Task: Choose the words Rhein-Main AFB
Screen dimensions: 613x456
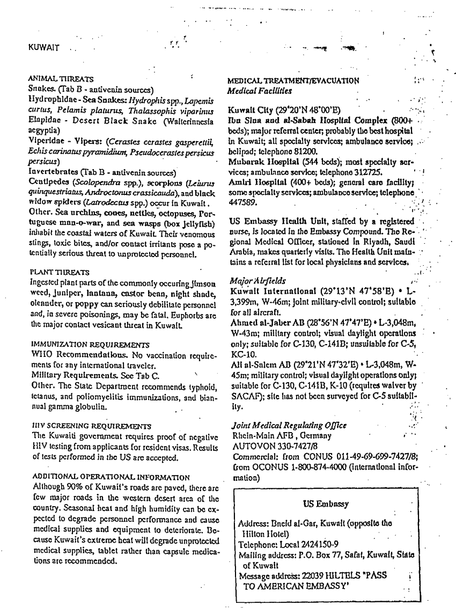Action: [x=254, y=436]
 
